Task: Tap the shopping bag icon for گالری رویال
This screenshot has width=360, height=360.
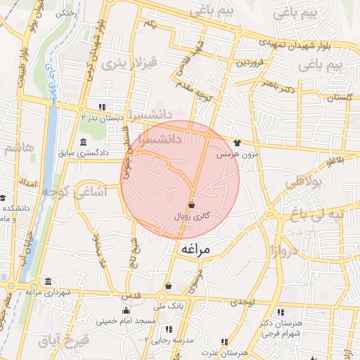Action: [191, 205]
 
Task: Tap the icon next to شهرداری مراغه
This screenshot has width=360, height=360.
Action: [47, 282]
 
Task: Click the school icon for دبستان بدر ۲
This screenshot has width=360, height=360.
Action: [103, 107]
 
